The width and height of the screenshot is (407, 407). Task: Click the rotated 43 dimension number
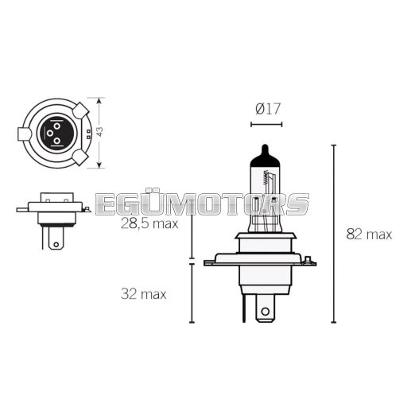pyautogui.click(x=99, y=132)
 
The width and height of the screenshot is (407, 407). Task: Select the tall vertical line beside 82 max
pyautogui.click(x=334, y=234)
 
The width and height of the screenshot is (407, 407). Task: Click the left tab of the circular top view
pyautogui.click(x=25, y=133)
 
